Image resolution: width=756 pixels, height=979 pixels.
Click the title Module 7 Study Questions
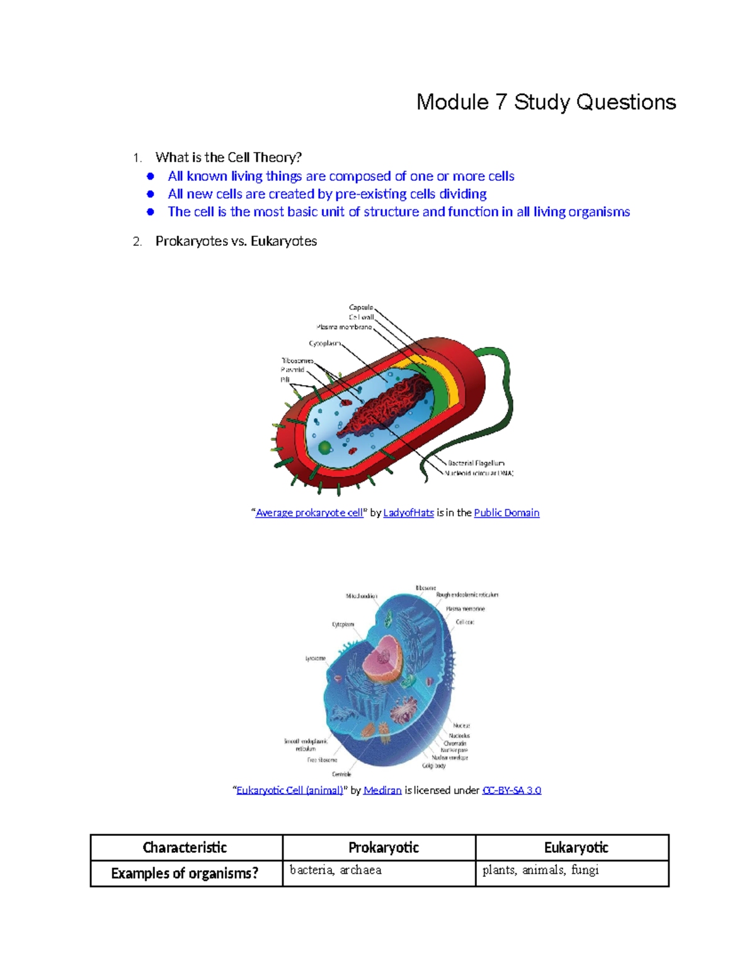point(546,102)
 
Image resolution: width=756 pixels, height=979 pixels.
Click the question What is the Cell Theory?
point(229,157)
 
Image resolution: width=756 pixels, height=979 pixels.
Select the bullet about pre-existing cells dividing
point(327,194)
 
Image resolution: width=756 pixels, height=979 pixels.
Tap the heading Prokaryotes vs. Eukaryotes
point(236,241)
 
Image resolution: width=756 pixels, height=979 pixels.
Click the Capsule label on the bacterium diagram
point(360,308)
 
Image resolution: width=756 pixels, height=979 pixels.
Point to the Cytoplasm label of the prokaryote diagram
point(324,344)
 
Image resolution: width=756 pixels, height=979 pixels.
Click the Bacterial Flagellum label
point(476,463)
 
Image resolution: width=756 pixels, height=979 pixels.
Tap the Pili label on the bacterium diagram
point(285,380)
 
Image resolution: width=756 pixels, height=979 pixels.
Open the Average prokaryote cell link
point(309,513)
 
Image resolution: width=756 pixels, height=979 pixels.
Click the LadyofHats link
point(408,513)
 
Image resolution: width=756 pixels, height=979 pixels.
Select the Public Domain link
point(507,513)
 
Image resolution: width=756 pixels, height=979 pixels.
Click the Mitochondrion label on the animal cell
point(361,596)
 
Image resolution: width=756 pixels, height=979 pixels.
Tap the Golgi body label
point(433,766)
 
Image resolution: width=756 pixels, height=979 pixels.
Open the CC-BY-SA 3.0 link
point(512,791)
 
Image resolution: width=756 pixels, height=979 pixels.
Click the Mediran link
point(382,791)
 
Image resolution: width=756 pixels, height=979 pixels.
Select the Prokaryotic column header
point(383,848)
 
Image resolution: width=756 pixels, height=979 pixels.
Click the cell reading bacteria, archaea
point(335,870)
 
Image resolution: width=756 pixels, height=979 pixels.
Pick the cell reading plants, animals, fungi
point(540,870)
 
